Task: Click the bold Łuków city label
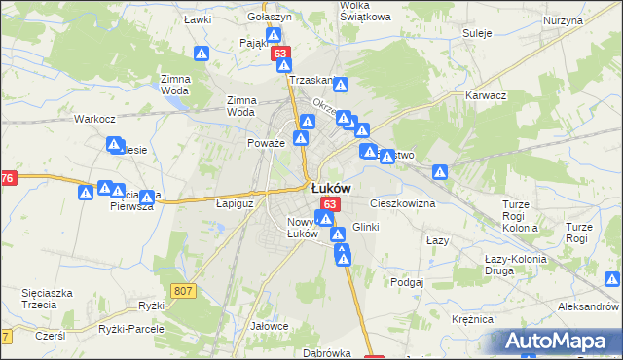pyautogui.click(x=331, y=188)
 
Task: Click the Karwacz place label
pyautogui.click(x=486, y=96)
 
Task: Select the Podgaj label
pyautogui.click(x=407, y=282)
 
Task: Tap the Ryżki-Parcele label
pyautogui.click(x=131, y=329)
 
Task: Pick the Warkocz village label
pyautogui.click(x=95, y=119)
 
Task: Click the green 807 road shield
pyautogui.click(x=183, y=291)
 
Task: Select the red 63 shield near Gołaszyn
pyautogui.click(x=280, y=54)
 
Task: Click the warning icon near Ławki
pyautogui.click(x=202, y=54)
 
